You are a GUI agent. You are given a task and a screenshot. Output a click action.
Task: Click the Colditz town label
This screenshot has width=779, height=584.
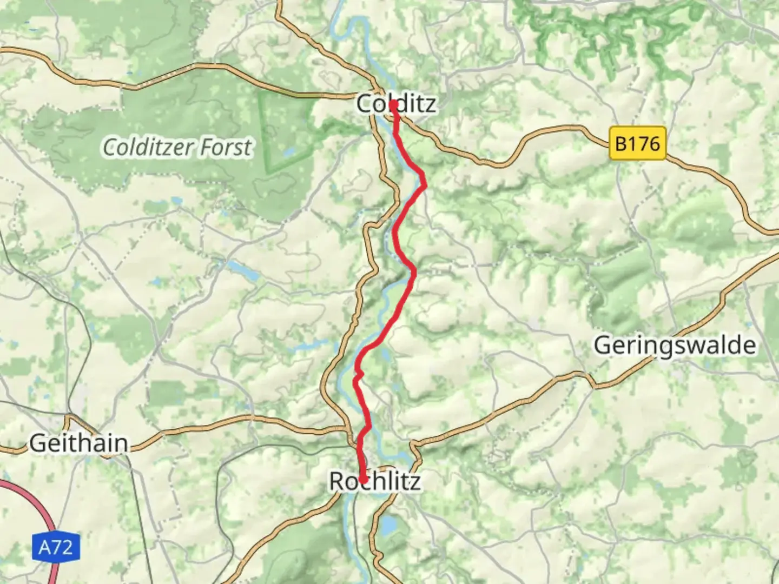click(396, 103)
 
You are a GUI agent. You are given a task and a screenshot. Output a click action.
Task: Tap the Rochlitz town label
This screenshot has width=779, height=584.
click(375, 481)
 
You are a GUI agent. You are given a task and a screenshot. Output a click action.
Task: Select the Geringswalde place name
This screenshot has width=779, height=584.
click(675, 346)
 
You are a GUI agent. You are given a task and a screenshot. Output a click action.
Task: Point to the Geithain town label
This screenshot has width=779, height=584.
click(79, 443)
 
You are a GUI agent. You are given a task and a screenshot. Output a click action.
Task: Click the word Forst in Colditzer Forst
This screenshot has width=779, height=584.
click(226, 147)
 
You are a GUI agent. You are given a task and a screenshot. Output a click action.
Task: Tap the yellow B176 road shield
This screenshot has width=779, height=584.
click(637, 144)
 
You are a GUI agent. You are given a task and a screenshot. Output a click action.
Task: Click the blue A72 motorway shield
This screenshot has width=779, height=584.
click(55, 548)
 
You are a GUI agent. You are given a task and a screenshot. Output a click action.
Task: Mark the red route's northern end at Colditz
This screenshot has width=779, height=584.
click(394, 104)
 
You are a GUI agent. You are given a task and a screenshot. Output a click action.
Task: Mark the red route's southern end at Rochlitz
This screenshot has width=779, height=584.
click(363, 480)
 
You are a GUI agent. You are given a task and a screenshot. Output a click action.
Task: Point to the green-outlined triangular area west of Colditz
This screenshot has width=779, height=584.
click(281, 130)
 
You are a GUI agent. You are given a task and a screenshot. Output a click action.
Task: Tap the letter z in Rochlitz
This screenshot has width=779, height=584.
click(414, 481)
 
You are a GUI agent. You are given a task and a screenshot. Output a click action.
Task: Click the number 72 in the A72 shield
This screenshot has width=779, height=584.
click(63, 548)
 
